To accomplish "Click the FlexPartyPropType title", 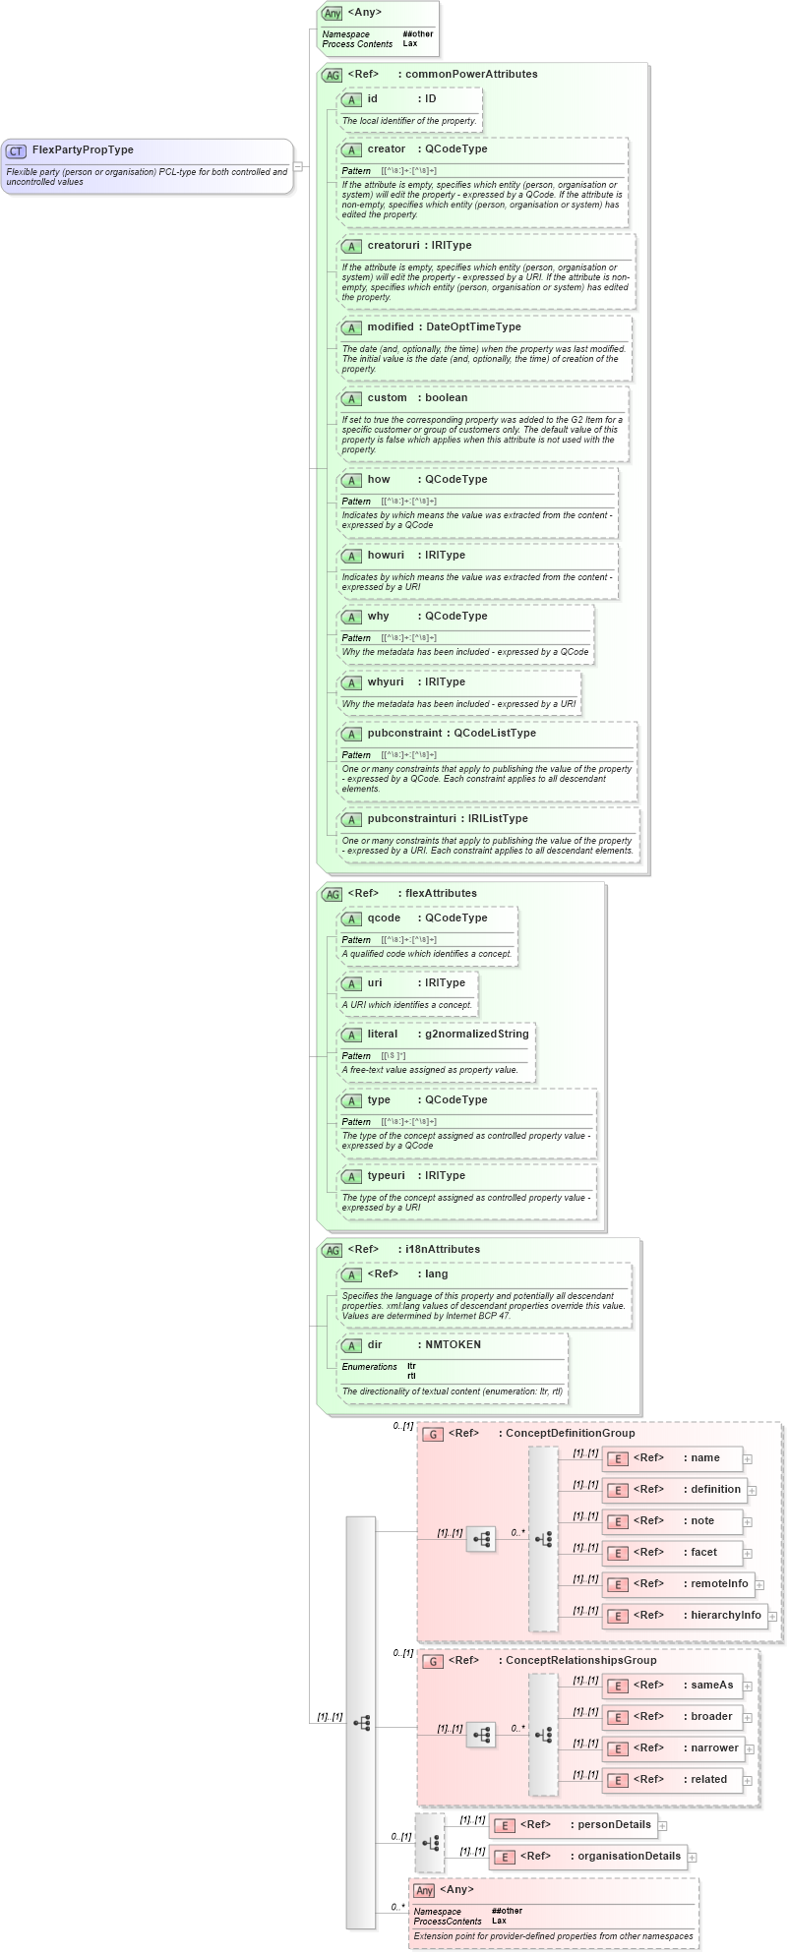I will tap(83, 150).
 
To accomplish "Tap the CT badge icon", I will tap(16, 151).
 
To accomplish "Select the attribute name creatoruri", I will tap(393, 246).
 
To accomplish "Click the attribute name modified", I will tap(391, 327).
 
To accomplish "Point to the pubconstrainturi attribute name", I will tap(404, 819).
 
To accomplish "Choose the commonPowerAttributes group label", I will tap(471, 75).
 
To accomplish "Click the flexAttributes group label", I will tap(441, 894).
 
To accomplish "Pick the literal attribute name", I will tap(383, 1035).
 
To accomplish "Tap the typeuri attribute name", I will tap(386, 1176).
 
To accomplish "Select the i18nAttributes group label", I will tap(443, 1250).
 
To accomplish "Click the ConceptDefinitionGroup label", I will tap(570, 1434).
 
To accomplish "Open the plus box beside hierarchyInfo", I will tap(772, 1616).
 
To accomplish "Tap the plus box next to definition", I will tap(752, 1491).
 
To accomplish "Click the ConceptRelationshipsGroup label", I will tap(580, 1661).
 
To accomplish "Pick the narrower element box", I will tap(675, 1748).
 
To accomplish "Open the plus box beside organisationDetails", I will tap(693, 1858).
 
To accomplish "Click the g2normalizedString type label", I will tap(477, 1035).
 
